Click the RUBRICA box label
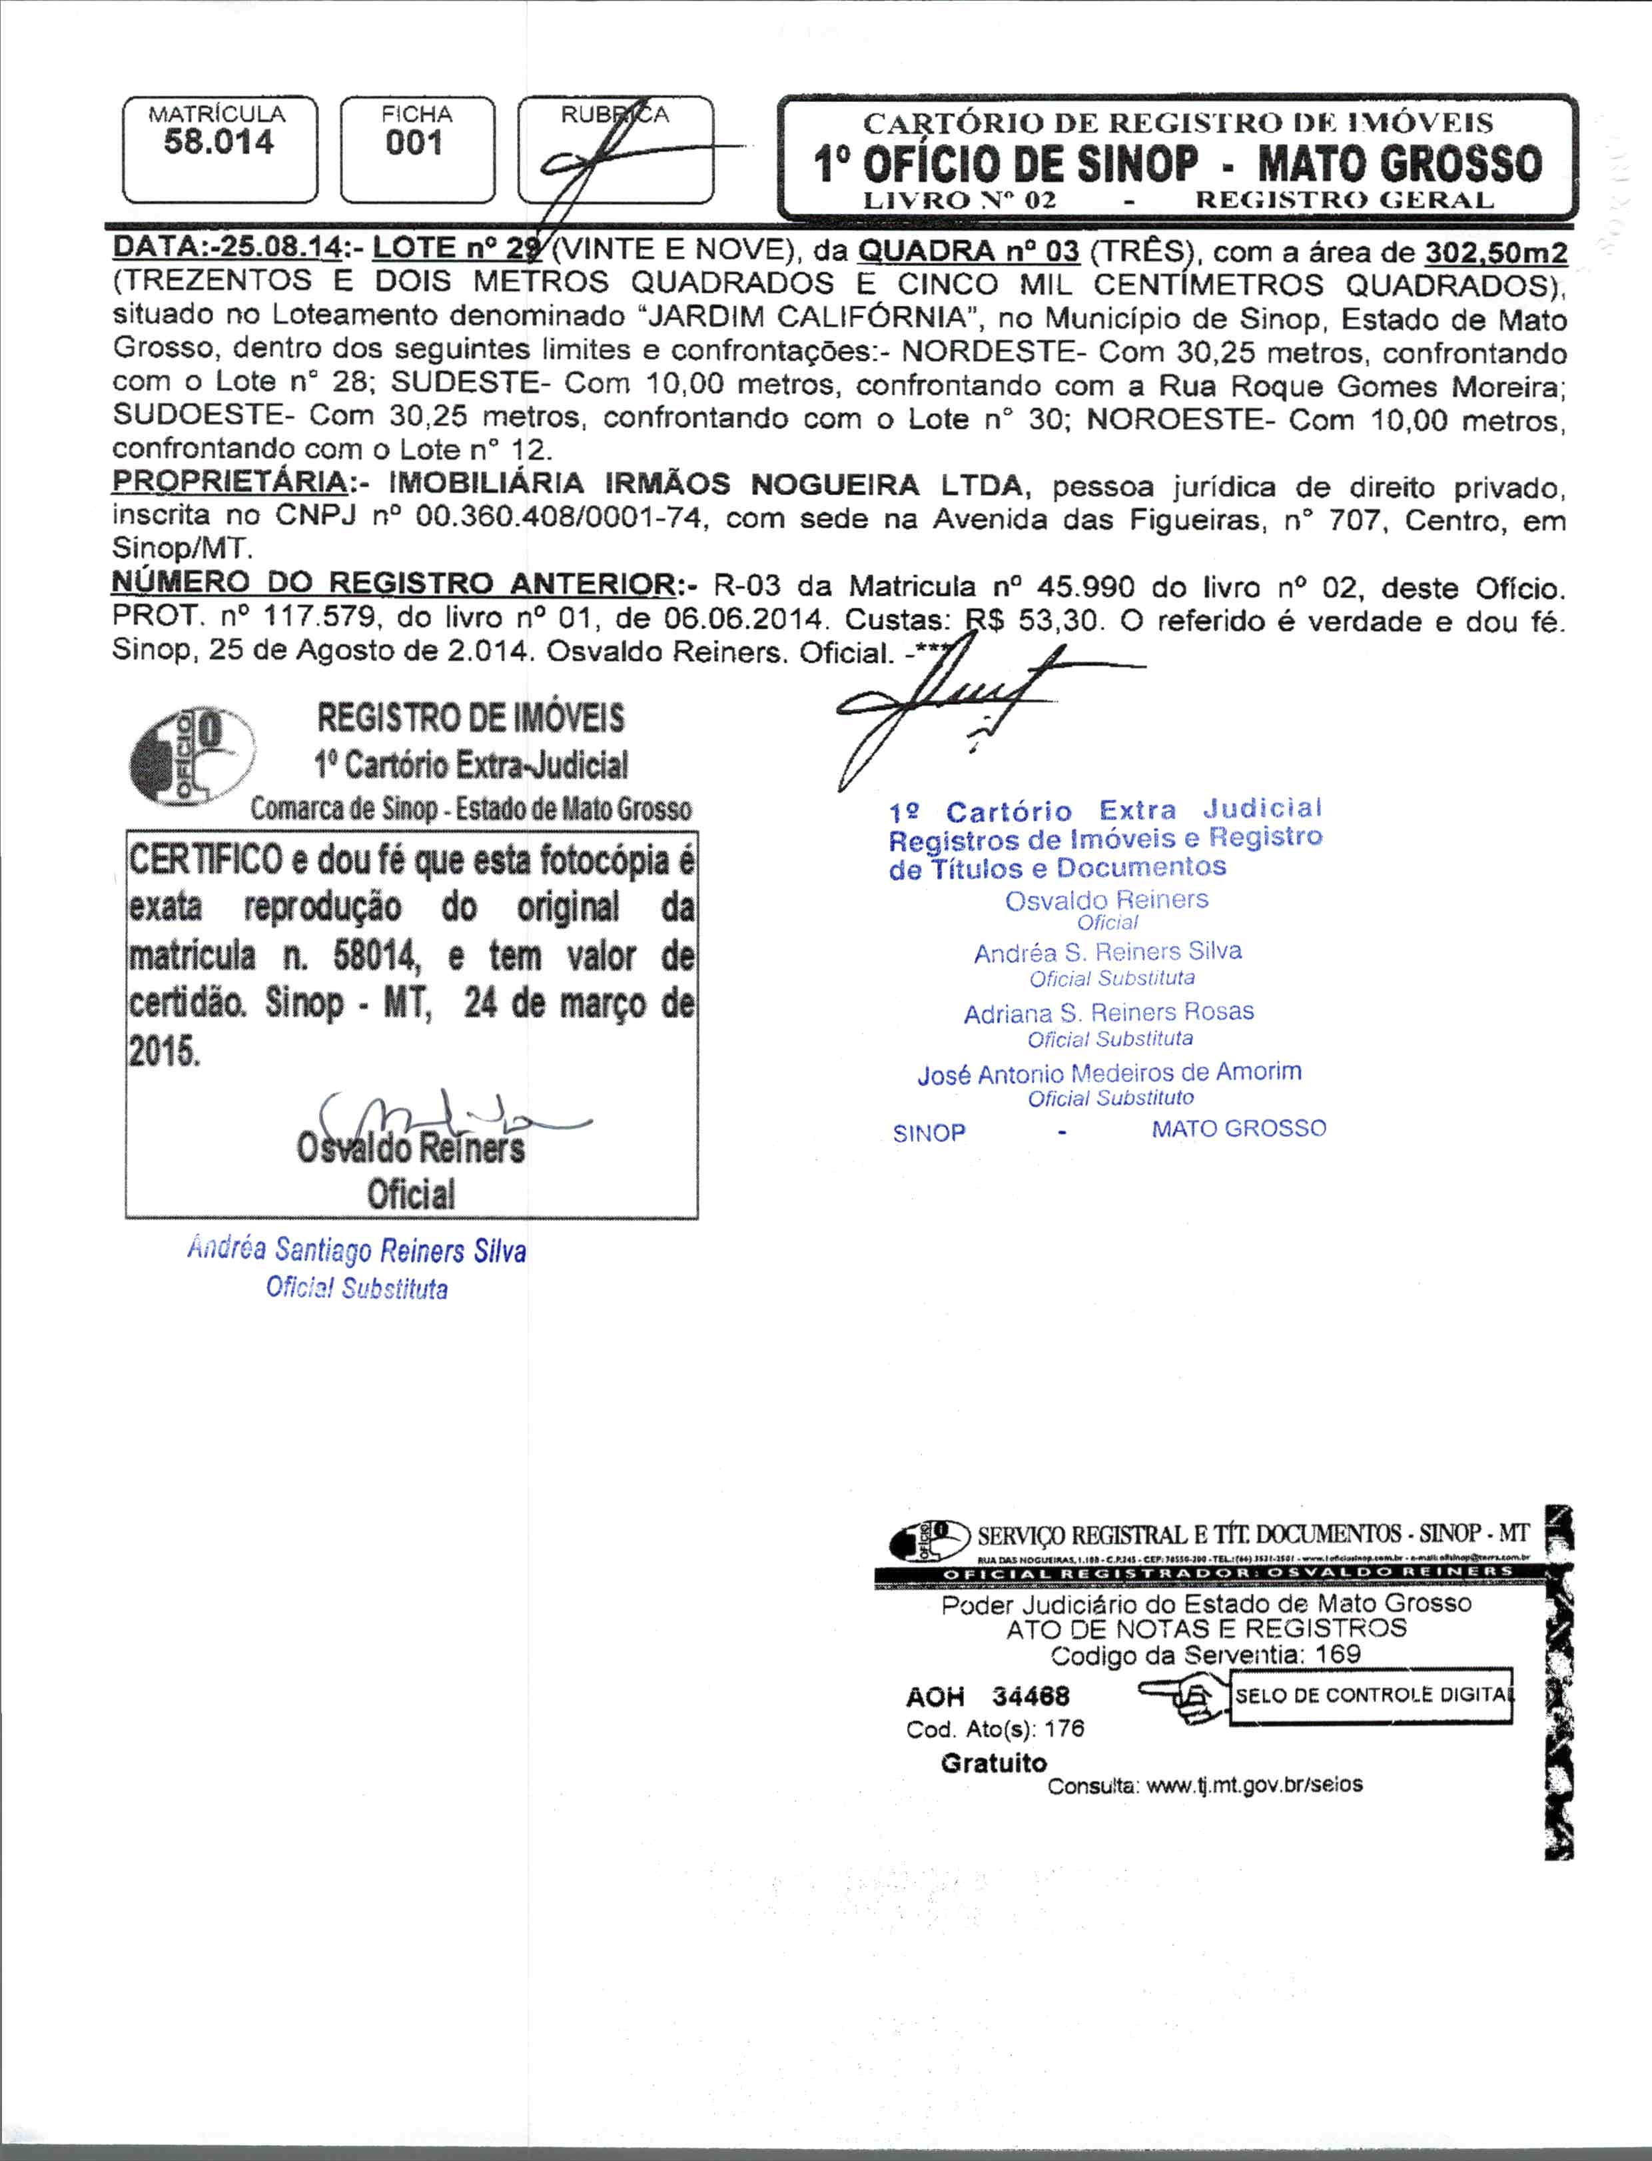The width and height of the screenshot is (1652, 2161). (615, 115)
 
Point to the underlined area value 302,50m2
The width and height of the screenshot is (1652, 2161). (1495, 253)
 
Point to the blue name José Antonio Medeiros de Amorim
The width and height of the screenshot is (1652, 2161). (1108, 1073)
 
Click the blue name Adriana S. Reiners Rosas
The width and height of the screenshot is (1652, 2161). (1108, 1012)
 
